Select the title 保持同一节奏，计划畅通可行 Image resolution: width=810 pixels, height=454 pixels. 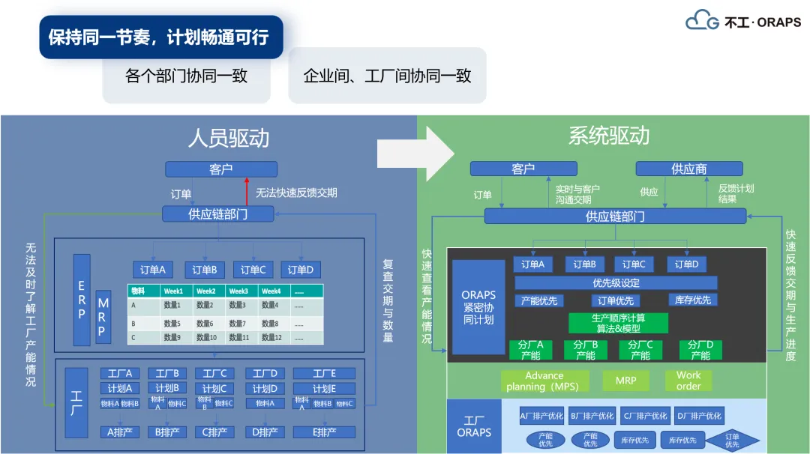click(160, 37)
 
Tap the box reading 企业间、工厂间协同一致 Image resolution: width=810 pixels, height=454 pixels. click(387, 76)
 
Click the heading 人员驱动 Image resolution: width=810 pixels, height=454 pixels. click(228, 138)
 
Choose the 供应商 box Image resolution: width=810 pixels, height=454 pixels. click(688, 169)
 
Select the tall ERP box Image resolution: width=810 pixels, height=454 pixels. click(82, 299)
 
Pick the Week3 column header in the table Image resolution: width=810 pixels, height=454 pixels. click(238, 291)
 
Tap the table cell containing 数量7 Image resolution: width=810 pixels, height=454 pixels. click(238, 323)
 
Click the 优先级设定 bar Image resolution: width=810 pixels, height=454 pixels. click(616, 283)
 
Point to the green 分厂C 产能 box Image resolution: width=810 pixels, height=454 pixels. click(640, 350)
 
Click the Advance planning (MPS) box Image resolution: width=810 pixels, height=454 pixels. click(544, 381)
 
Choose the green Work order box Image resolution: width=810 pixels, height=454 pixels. click(688, 381)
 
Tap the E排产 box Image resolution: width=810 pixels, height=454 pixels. click(324, 432)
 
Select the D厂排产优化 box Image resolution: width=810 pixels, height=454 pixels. click(698, 416)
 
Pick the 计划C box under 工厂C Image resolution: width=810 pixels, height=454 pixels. click(214, 389)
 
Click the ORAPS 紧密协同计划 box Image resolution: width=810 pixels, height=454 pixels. click(478, 307)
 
